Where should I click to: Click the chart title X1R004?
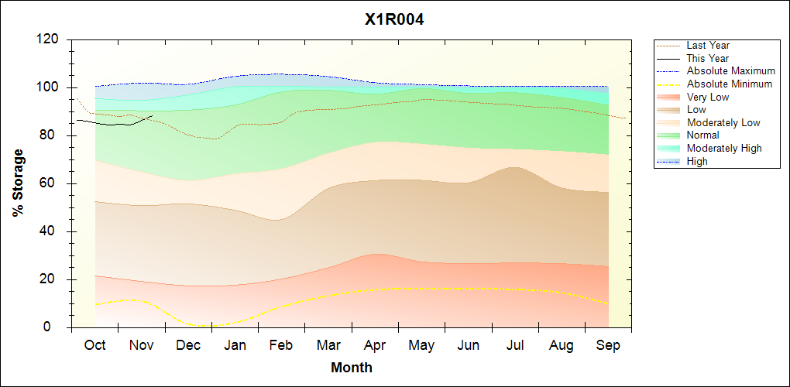click(394, 20)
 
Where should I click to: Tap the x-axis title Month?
click(352, 368)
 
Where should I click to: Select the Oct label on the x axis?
click(95, 345)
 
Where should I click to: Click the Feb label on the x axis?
click(281, 345)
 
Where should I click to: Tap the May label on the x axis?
click(421, 345)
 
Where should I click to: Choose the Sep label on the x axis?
click(608, 345)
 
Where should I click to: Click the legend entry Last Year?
click(708, 46)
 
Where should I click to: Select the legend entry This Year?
click(708, 59)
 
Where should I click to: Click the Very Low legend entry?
click(708, 98)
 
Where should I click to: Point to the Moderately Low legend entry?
click(723, 123)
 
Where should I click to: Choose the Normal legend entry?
click(703, 135)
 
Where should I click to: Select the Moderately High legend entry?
click(724, 149)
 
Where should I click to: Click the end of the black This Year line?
click(152, 115)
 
